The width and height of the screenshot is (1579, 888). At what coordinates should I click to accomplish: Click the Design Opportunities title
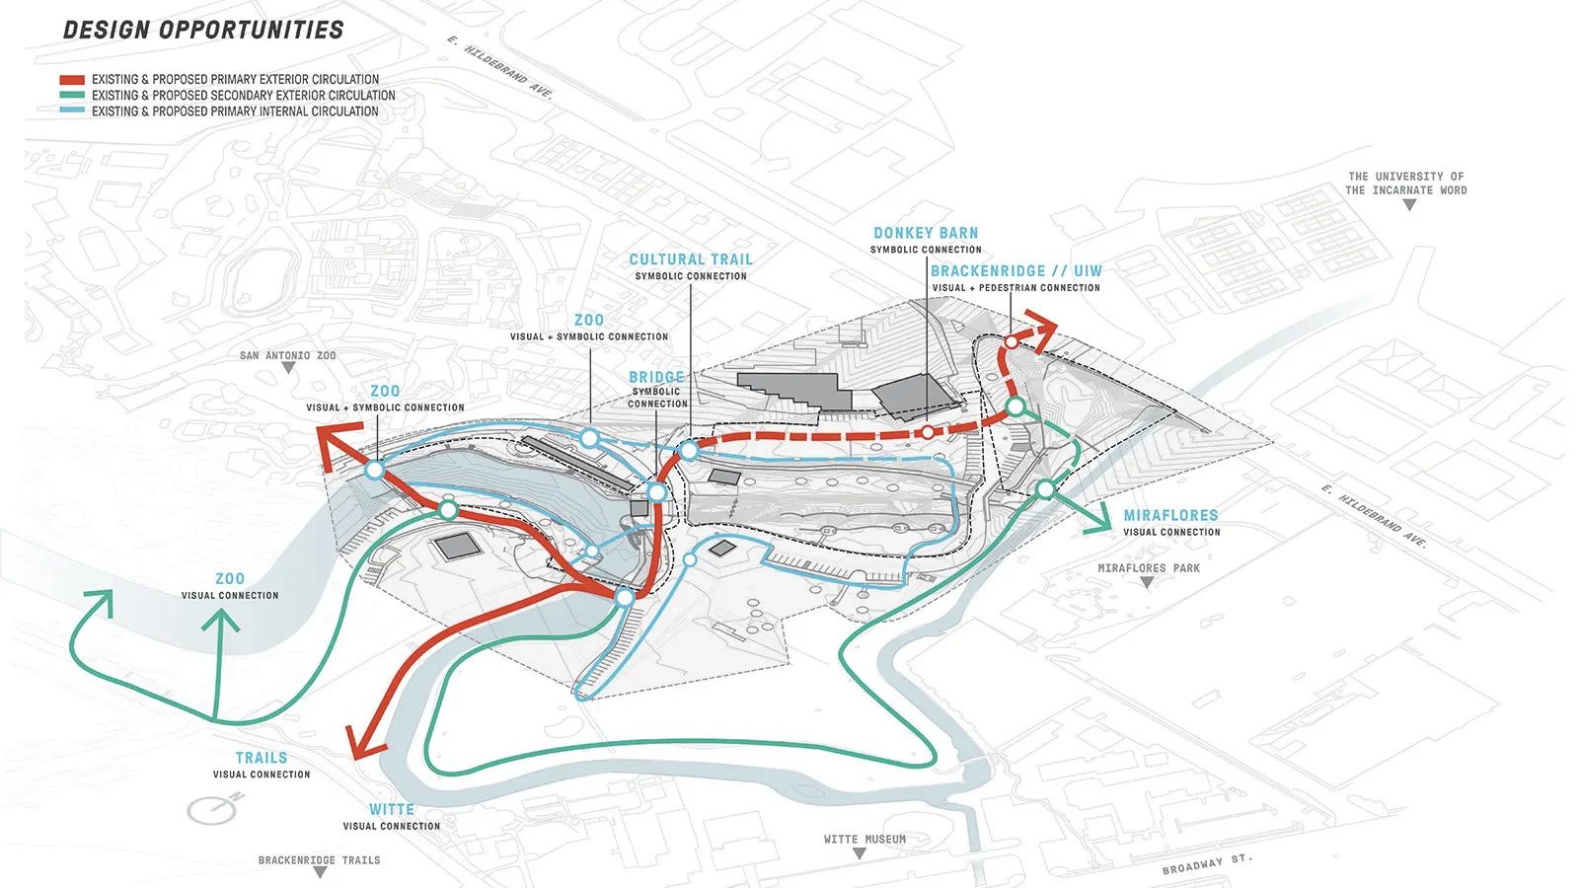[x=203, y=31]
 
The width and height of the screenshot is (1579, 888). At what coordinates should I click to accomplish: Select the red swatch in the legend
[x=72, y=80]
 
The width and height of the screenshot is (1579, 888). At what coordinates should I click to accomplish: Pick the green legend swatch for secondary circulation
[x=72, y=96]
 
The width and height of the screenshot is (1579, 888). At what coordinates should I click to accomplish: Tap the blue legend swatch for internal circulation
[x=72, y=111]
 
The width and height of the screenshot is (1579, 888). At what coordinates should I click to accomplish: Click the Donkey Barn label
[x=926, y=234]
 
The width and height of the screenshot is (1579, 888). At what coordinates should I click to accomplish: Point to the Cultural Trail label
[x=691, y=259]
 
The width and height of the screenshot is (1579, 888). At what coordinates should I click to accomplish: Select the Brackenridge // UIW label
[x=1016, y=271]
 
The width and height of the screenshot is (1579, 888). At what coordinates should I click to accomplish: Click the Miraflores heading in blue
[x=1170, y=515]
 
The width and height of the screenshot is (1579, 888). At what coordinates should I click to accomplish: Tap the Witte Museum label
[x=865, y=840]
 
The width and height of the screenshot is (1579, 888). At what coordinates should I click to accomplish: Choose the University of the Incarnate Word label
[x=1406, y=184]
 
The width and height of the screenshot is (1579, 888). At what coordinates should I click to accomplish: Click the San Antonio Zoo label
[x=287, y=355]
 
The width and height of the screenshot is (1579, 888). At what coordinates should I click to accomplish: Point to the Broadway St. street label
[x=1207, y=864]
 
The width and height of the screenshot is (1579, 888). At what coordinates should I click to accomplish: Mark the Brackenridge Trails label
[x=319, y=860]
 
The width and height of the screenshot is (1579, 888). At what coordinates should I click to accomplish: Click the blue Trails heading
[x=262, y=758]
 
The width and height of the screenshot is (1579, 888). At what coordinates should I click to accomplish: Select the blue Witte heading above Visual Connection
[x=392, y=809]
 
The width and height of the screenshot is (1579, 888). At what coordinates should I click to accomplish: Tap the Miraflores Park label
[x=1149, y=568]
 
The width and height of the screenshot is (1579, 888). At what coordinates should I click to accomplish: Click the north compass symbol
[x=213, y=809]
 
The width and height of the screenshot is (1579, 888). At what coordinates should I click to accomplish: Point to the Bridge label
[x=656, y=377]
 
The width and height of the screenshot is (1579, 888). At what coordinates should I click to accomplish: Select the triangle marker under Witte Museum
[x=860, y=853]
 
